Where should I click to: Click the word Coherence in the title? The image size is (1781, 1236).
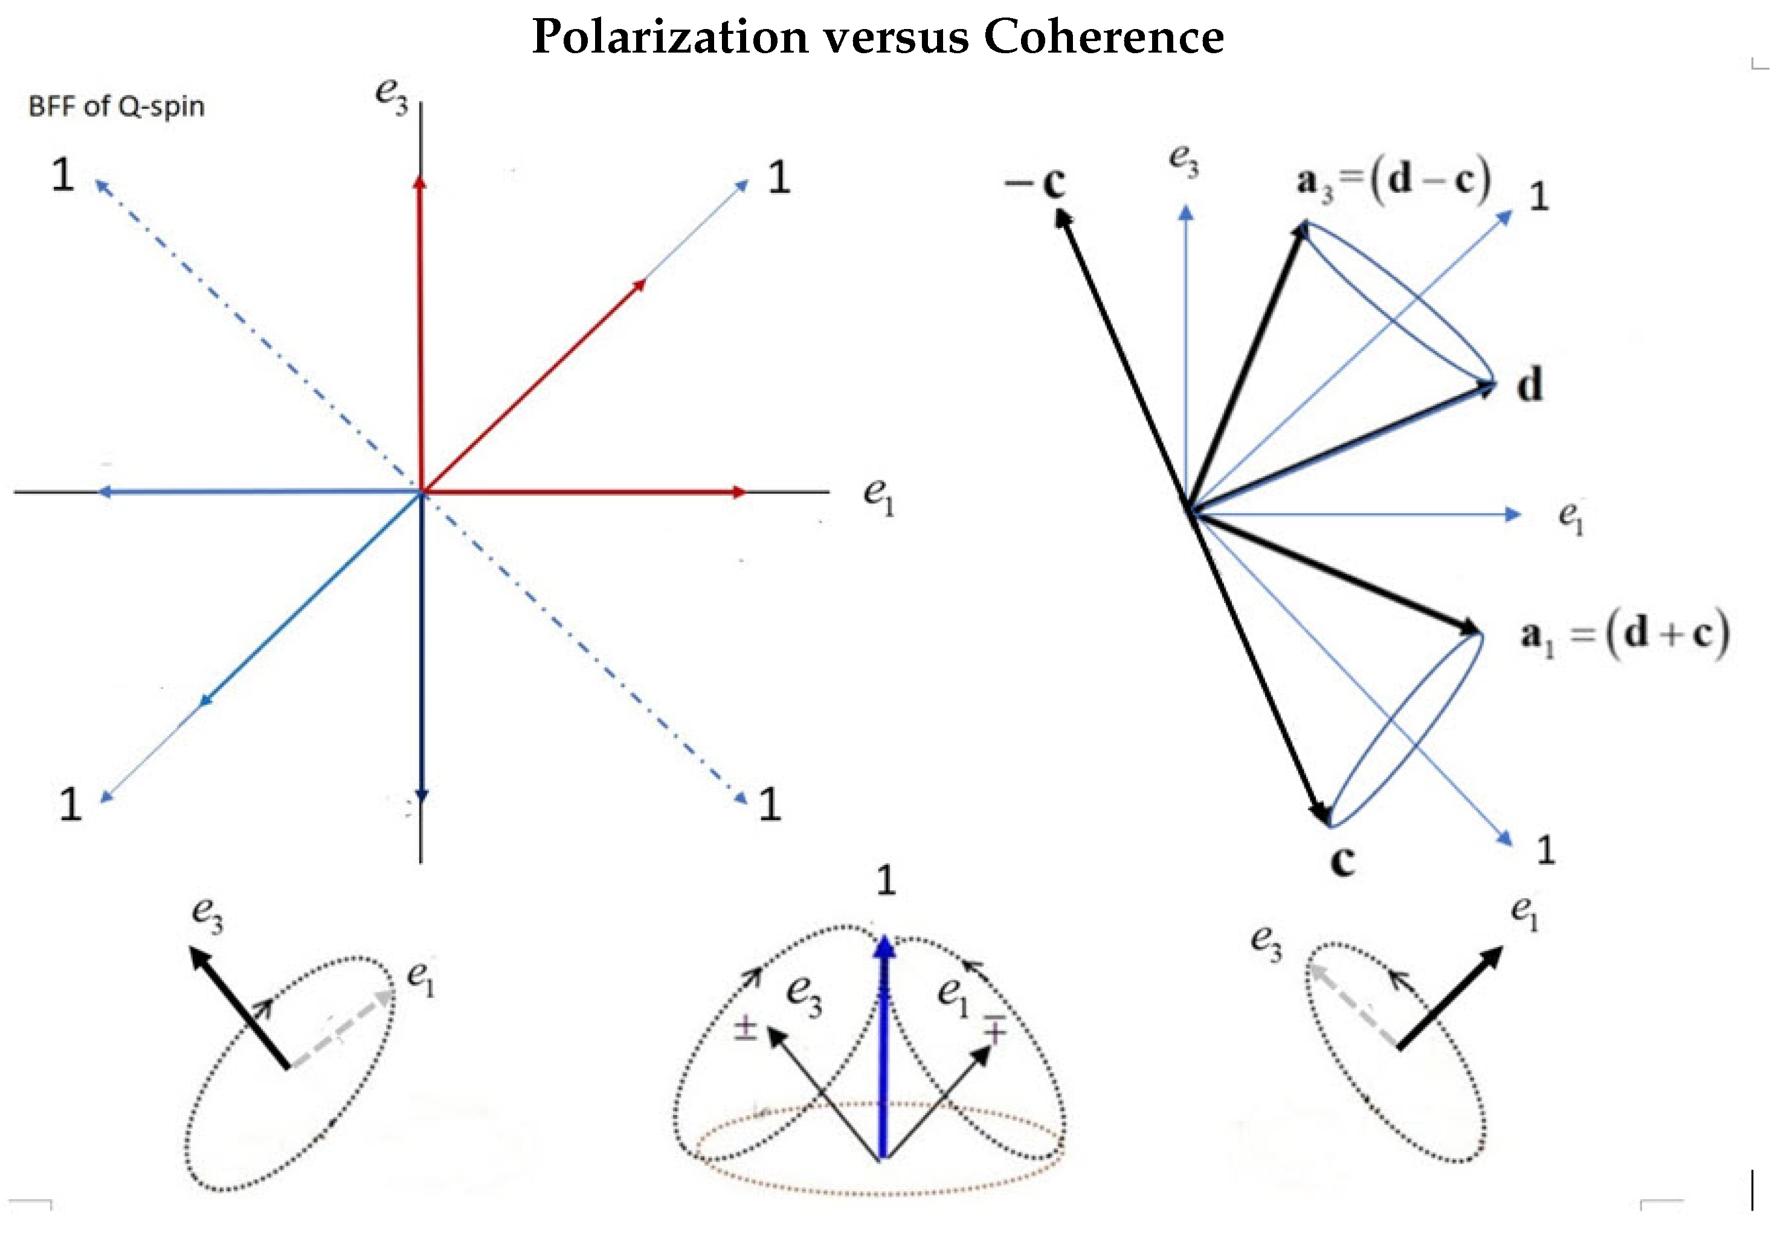[x=1104, y=37]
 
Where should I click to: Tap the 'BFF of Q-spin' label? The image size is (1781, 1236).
[x=116, y=106]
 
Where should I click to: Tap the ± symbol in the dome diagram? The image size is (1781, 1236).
[x=744, y=1029]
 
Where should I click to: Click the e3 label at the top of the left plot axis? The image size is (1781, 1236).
[x=391, y=96]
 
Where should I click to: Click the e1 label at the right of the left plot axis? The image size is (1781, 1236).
[x=878, y=496]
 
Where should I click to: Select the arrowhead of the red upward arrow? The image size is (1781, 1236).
[x=419, y=183]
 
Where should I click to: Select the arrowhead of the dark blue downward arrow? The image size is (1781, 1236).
[x=422, y=796]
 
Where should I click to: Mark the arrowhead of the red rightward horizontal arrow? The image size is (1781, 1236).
[x=739, y=492]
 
